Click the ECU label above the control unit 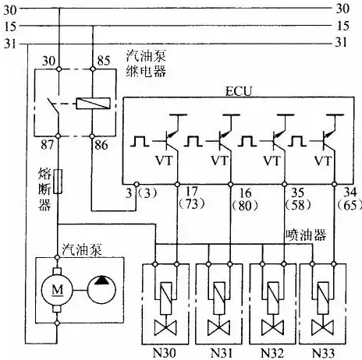tap(239, 91)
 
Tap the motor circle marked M tap(57, 290)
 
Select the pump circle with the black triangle tap(101, 290)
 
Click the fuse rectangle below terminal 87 tap(58, 182)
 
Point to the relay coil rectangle tap(93, 104)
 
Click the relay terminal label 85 tap(104, 61)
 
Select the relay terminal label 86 tap(101, 145)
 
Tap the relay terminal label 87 tap(47, 145)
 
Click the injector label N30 tap(164, 353)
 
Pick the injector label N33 tap(323, 353)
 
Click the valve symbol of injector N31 tap(218, 328)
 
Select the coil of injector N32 tap(273, 298)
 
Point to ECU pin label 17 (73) tap(192, 198)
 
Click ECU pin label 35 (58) tap(298, 199)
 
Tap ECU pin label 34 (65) tap(350, 199)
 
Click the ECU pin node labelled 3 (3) tap(137, 184)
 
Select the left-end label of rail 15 tap(10, 26)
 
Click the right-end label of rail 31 tap(341, 42)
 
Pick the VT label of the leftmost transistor tap(164, 161)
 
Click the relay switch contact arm tap(53, 107)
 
